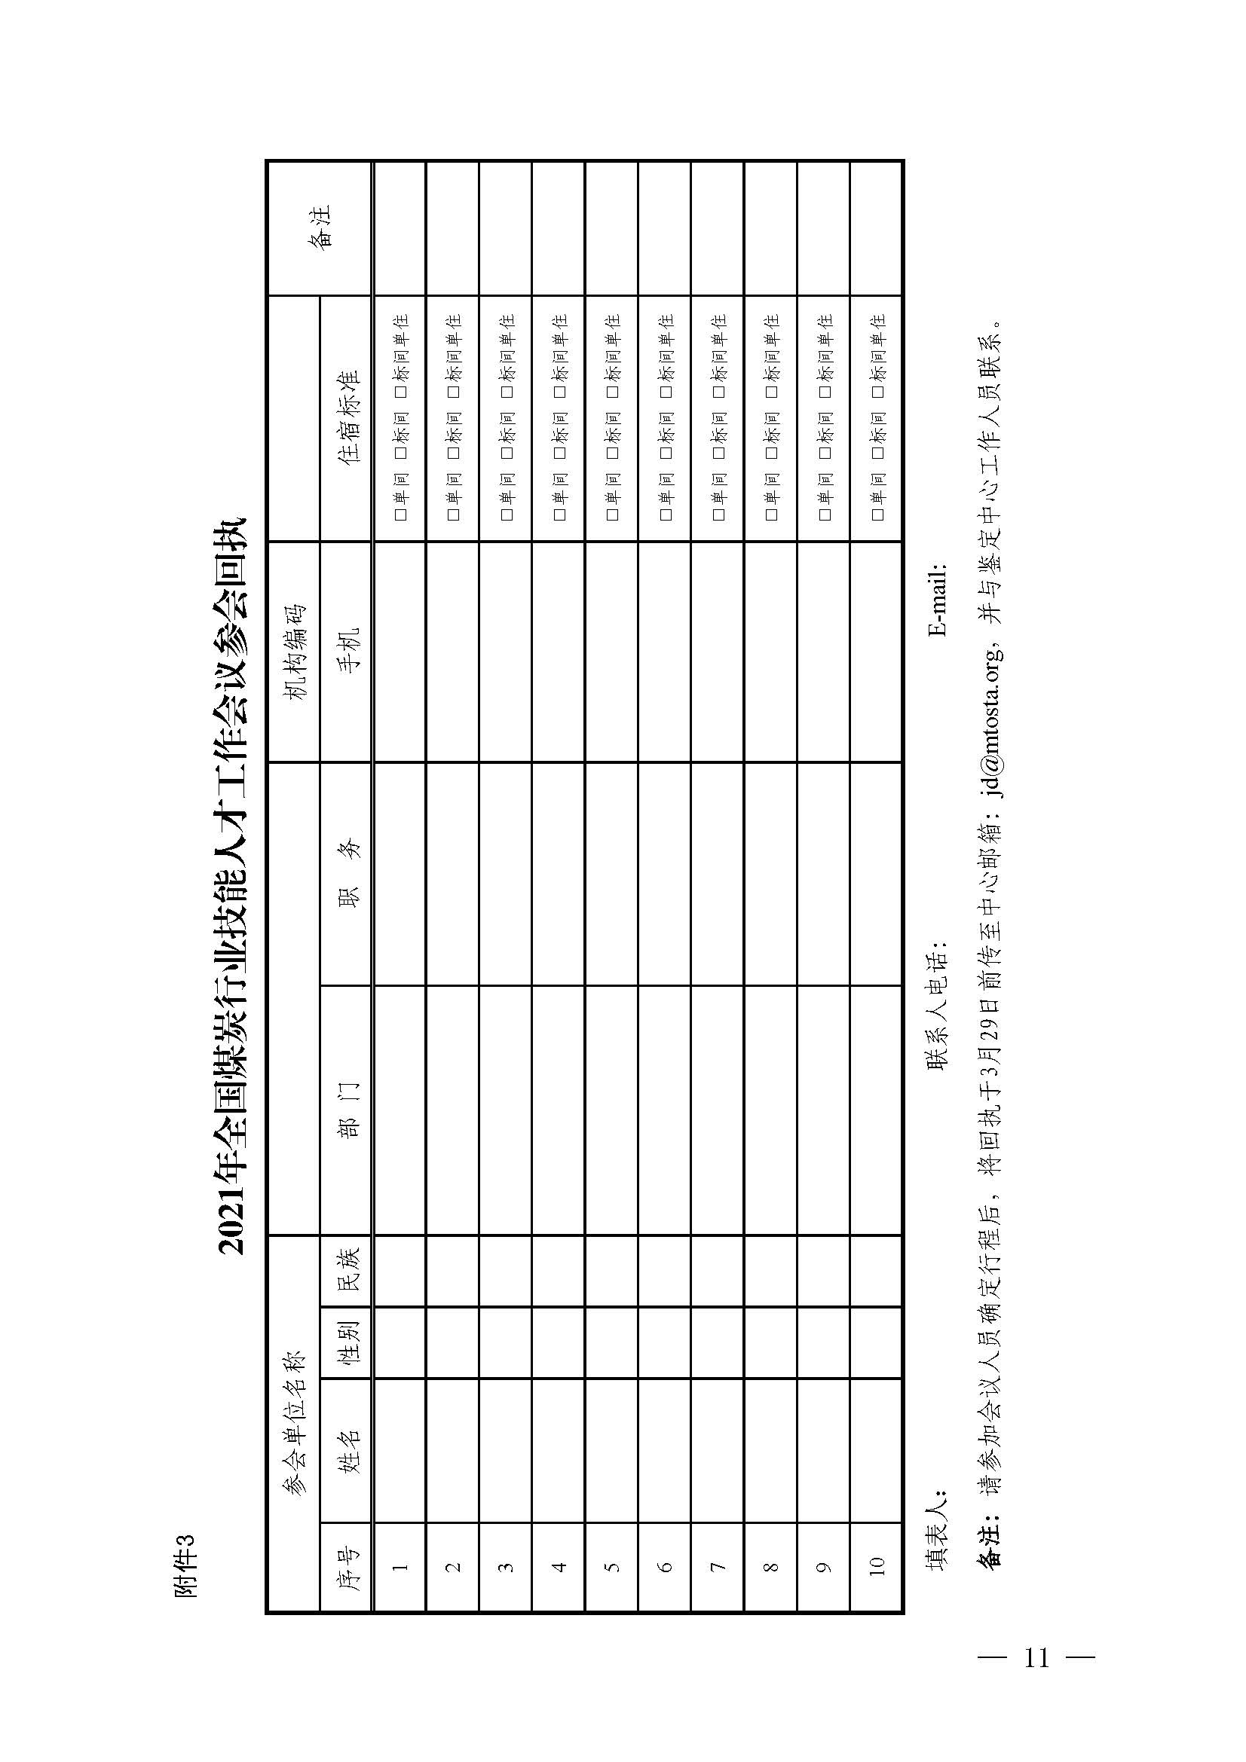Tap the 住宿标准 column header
coord(346,418)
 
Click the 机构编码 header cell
coord(294,652)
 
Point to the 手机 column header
coord(346,652)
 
